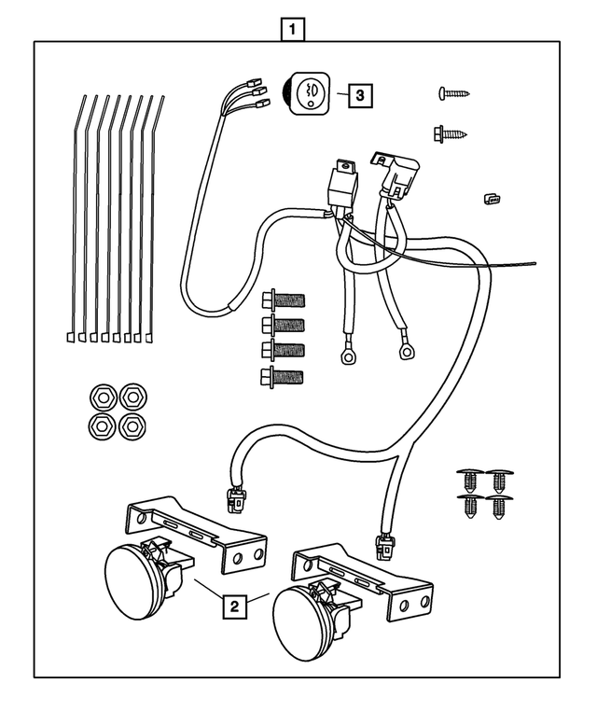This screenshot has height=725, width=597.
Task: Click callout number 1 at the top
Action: pos(293,29)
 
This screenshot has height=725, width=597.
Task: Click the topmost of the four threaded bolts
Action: pos(285,300)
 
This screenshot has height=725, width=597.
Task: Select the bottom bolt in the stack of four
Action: pos(285,378)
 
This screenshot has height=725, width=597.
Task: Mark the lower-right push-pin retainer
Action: pos(501,509)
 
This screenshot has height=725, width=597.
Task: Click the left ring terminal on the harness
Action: pos(351,356)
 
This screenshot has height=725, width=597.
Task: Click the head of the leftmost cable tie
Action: pos(71,335)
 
